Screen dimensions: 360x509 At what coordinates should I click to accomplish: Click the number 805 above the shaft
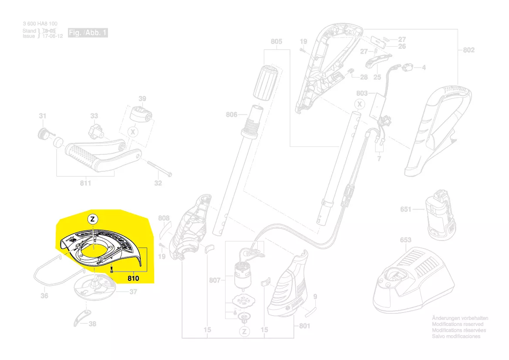click(x=276, y=42)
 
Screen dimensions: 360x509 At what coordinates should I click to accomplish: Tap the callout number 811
click(x=85, y=183)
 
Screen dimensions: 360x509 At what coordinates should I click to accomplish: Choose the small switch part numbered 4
click(x=408, y=68)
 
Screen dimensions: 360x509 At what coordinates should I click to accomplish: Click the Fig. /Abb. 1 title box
click(x=88, y=33)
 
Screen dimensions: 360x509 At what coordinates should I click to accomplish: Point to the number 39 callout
click(x=142, y=98)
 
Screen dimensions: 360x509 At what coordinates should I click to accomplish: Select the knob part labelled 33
click(x=96, y=130)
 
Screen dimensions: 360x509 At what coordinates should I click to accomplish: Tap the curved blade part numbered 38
click(x=82, y=318)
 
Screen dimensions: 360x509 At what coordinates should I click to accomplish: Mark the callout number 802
click(x=469, y=50)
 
